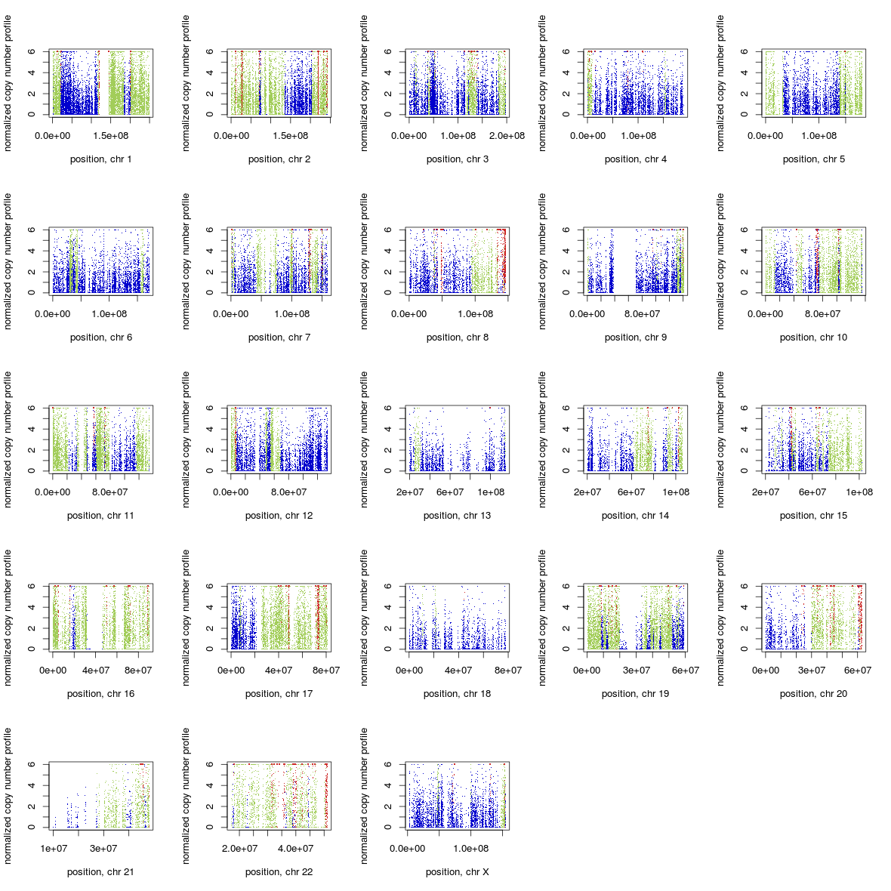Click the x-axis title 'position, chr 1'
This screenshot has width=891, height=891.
(100, 159)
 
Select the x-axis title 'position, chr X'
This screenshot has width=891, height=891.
(457, 872)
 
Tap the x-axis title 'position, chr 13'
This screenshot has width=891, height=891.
(457, 516)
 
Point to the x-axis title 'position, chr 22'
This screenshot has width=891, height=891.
(279, 872)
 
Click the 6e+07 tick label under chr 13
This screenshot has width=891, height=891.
(450, 492)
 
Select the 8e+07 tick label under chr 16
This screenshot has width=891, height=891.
(138, 671)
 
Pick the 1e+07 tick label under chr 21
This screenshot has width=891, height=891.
(54, 849)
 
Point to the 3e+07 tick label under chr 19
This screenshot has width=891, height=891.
(637, 671)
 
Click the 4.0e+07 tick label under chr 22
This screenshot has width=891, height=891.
(295, 849)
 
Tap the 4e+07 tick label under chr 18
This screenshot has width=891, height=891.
(458, 671)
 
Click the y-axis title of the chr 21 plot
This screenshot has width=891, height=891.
(8, 795)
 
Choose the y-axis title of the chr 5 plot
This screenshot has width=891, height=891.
(721, 82)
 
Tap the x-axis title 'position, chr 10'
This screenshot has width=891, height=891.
(813, 338)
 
